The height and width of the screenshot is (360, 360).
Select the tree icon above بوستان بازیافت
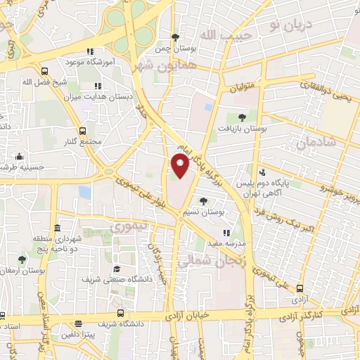click(x=242, y=117)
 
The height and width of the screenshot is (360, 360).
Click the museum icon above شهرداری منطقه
click(x=57, y=229)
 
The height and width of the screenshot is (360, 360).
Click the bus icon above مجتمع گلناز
click(x=83, y=131)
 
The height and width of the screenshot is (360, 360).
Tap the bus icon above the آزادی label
click(x=300, y=288)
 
